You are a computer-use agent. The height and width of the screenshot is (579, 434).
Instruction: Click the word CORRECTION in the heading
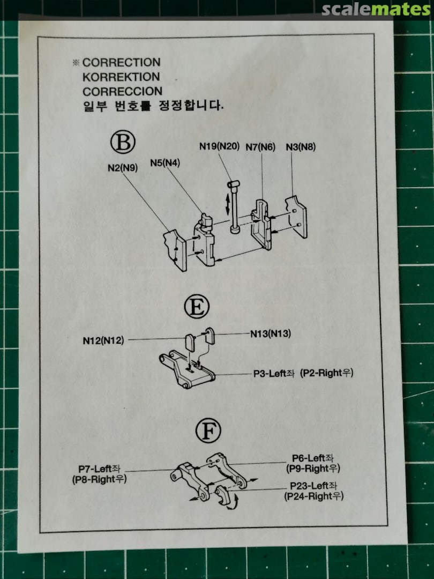122,62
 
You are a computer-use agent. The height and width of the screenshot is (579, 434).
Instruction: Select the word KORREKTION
121,77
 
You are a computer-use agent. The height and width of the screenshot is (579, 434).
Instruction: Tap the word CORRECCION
122,91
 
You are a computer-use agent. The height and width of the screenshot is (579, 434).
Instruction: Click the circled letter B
123,142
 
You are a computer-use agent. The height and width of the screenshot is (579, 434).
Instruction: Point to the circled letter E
197,306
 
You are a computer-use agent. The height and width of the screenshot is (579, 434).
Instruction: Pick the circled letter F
208,430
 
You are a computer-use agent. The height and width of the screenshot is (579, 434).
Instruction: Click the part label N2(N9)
123,168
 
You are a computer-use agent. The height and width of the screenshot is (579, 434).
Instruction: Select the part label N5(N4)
165,163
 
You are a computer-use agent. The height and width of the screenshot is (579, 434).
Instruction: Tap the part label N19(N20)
219,146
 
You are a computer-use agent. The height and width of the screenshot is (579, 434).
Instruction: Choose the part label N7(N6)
260,147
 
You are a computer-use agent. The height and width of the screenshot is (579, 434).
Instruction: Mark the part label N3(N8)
301,147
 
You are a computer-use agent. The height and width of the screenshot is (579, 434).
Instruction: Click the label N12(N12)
103,340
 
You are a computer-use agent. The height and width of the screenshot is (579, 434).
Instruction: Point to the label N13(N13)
271,334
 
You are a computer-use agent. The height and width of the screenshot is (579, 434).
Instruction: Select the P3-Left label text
273,373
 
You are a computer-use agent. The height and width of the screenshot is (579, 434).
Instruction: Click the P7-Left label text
99,469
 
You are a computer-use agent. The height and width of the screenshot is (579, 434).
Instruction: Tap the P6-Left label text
312,458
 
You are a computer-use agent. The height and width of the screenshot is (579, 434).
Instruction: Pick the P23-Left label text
313,486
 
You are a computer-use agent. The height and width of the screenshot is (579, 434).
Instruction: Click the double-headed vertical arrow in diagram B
227,204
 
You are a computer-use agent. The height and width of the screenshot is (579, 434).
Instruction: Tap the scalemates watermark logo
376,9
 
